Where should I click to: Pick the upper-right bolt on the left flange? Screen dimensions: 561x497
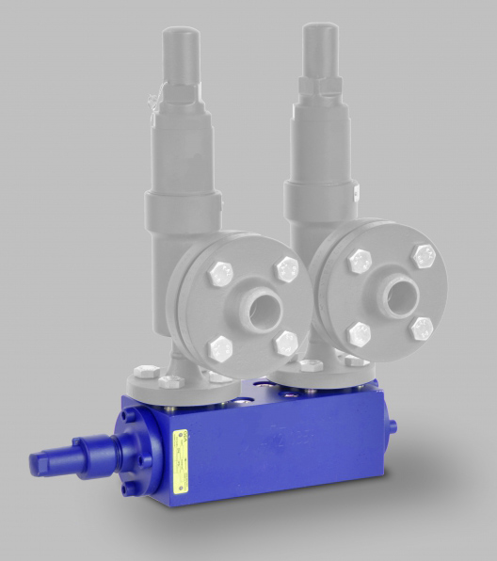286,270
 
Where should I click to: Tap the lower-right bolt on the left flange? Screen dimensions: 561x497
285,343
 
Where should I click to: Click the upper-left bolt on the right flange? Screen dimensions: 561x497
358,261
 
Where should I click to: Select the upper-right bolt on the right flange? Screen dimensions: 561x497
424,256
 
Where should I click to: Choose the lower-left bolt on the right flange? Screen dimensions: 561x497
358,334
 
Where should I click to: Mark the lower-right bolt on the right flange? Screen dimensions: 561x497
422,329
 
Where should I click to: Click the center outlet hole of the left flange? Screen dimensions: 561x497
257,308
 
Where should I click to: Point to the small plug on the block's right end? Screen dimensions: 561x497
392,426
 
